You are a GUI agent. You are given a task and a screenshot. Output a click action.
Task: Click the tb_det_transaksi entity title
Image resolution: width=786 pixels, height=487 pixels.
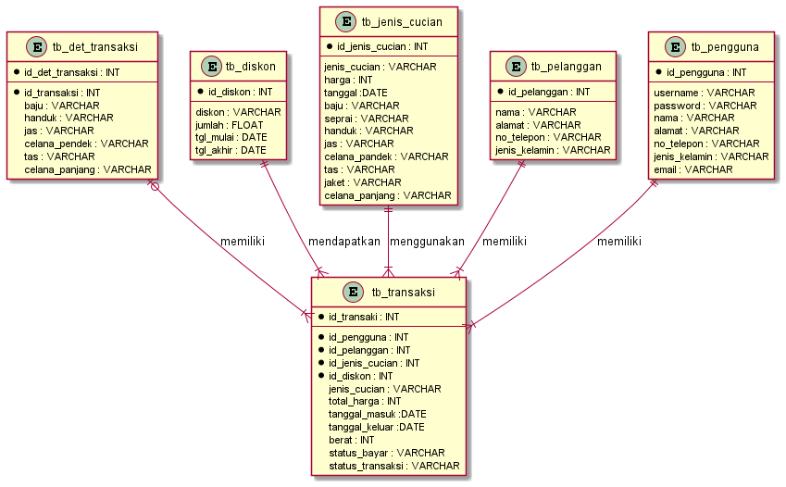[95, 47]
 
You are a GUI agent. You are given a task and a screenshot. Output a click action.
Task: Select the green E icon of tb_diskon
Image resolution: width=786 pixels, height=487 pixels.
[211, 66]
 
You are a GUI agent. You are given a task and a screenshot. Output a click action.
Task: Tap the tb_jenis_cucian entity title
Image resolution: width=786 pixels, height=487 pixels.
[401, 21]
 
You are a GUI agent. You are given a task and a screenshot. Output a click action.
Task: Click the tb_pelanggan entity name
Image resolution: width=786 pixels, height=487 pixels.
[567, 66]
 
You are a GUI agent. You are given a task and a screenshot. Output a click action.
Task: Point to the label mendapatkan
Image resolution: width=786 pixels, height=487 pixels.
[345, 242]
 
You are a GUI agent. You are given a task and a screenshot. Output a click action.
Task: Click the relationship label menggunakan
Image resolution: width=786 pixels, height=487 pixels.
[427, 242]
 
